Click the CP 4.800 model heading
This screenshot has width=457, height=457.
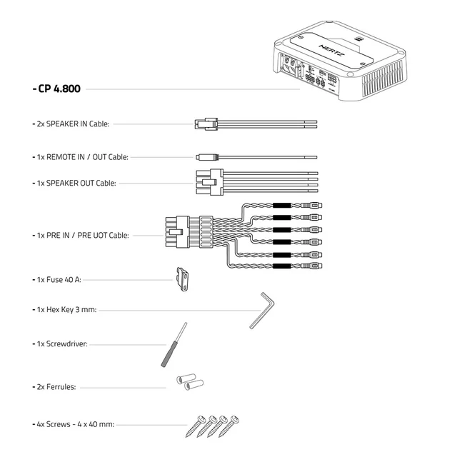click(x=58, y=90)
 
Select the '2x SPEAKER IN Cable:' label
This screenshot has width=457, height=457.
click(x=72, y=124)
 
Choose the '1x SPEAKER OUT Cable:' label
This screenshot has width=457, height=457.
click(x=76, y=183)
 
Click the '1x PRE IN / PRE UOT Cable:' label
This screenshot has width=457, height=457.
click(x=82, y=234)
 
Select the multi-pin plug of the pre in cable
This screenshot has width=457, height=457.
click(x=176, y=233)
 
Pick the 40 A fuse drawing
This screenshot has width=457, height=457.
click(x=183, y=279)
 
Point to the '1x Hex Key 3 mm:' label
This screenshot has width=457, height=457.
click(x=66, y=311)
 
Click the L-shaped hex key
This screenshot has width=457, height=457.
click(x=263, y=308)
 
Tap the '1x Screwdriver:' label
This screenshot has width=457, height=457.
click(x=61, y=343)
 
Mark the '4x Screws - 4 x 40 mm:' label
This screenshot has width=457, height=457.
click(x=74, y=424)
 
